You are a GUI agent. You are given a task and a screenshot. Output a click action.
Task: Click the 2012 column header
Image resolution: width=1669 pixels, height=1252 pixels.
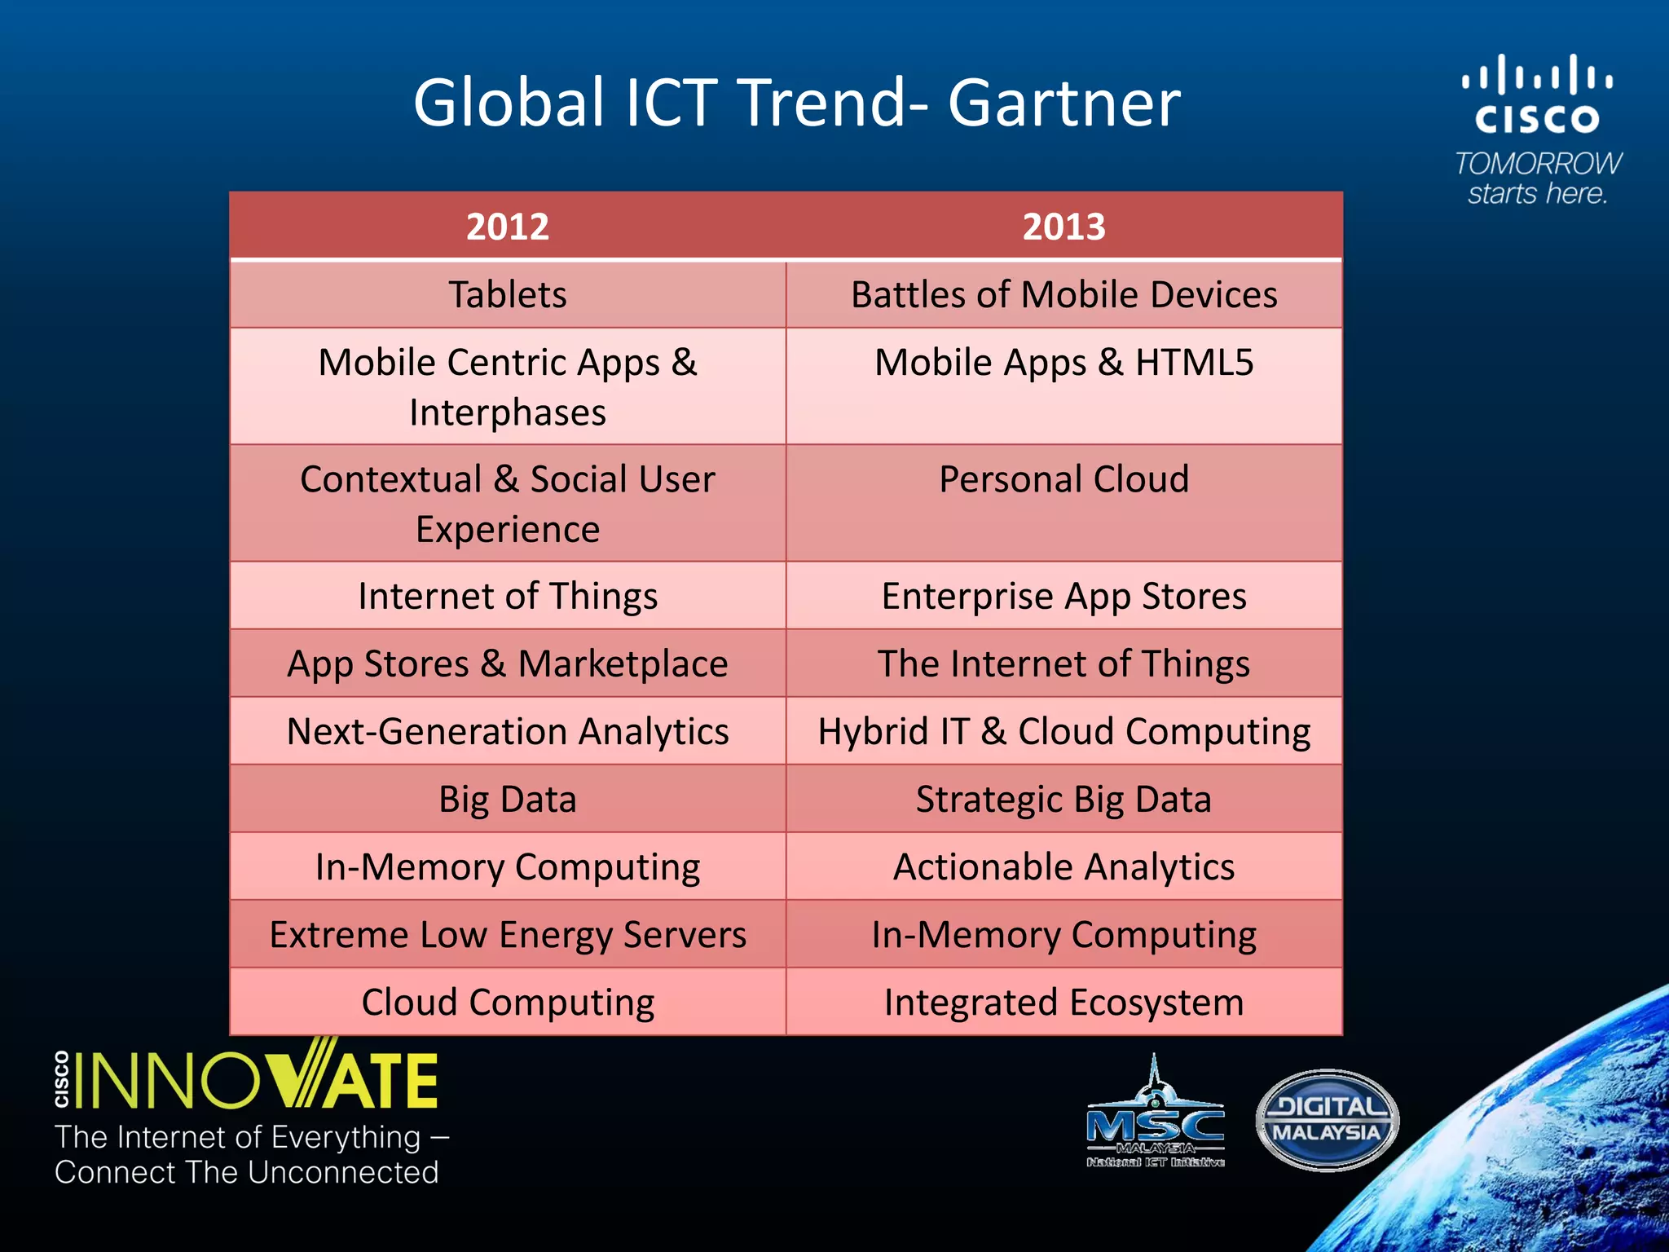tap(507, 227)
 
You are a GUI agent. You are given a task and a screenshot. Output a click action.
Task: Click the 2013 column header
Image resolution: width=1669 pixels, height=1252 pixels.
tap(1063, 227)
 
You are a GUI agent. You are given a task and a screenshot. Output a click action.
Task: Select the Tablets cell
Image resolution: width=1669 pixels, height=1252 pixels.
tap(507, 294)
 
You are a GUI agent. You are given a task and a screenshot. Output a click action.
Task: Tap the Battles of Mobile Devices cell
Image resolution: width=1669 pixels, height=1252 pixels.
tap(1063, 294)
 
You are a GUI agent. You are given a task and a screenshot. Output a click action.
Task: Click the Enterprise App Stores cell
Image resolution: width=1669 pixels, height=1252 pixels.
tap(1063, 596)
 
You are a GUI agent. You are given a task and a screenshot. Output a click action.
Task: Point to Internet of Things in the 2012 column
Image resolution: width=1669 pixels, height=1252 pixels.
tap(507, 596)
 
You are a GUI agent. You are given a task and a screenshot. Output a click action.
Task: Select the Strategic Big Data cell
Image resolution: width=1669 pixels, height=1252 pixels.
tap(1063, 799)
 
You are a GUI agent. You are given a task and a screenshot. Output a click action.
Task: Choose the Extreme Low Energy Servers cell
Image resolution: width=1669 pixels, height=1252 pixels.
tap(507, 934)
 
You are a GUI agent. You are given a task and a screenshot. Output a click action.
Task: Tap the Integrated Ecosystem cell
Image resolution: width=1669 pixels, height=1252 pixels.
tap(1063, 1003)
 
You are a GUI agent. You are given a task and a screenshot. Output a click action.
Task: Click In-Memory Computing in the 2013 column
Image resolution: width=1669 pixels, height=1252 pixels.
tap(1063, 934)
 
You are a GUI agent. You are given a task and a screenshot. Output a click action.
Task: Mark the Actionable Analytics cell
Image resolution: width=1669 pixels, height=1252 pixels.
tap(1063, 866)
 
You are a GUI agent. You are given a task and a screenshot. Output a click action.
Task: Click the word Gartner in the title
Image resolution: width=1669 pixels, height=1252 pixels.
tap(1063, 104)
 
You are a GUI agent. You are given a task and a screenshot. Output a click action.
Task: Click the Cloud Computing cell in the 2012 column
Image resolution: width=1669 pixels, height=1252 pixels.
tap(507, 1003)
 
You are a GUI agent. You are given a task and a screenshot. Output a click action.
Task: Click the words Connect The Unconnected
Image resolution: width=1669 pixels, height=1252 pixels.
tap(246, 1172)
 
